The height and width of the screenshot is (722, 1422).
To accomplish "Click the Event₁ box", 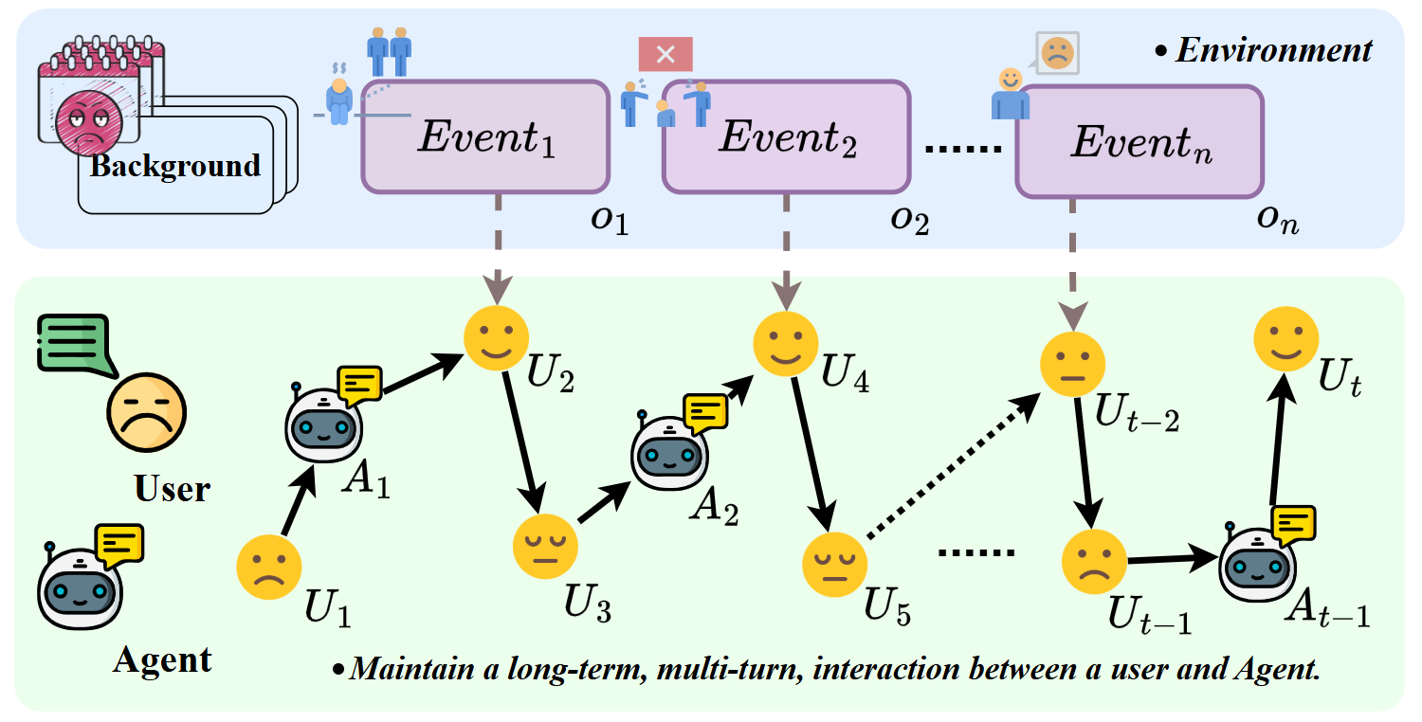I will point(485,136).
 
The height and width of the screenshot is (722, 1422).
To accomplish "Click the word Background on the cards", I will point(175,166).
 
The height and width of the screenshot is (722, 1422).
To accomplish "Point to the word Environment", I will point(1273,49).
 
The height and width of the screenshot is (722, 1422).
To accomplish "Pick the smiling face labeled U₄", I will point(784,342).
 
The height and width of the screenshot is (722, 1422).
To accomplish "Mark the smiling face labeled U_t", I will point(1285,339).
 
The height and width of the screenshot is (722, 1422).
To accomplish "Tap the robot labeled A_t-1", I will point(1257,566).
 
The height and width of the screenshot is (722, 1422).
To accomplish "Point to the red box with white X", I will point(665,54).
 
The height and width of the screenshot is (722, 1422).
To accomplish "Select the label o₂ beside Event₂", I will point(908,220).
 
